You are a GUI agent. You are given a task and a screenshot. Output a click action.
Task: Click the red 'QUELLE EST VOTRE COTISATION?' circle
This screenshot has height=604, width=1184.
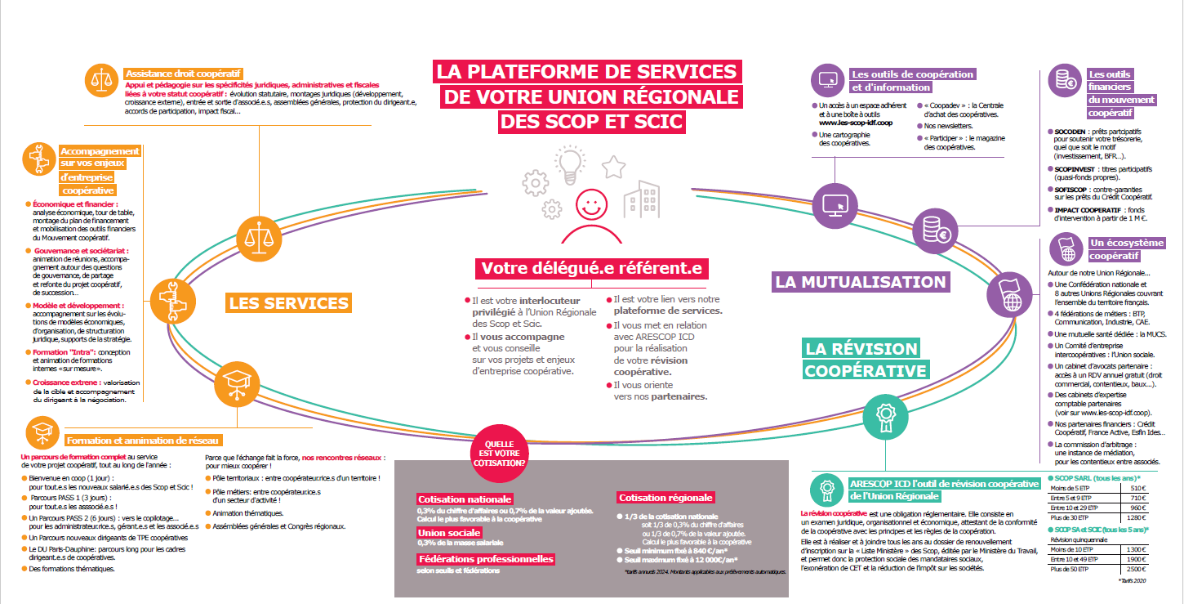[500, 452]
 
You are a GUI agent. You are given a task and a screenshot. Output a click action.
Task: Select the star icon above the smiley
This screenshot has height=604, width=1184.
[613, 168]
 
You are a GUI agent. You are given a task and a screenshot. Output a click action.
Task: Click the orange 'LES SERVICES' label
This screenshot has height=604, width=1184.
[288, 303]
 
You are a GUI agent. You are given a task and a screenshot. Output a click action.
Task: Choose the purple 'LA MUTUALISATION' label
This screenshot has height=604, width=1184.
[860, 282]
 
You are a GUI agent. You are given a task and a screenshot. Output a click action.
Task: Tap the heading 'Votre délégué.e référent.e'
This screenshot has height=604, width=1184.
[591, 268]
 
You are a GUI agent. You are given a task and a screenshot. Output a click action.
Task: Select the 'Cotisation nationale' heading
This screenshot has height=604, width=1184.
[465, 499]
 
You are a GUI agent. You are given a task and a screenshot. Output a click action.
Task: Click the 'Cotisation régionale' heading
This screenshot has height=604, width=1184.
[665, 497]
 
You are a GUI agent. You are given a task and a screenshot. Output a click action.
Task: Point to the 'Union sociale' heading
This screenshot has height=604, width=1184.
[448, 533]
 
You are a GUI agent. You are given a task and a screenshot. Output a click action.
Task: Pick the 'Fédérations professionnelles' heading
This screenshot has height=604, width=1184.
[485, 559]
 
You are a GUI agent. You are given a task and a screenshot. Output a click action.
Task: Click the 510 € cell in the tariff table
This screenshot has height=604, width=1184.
[1137, 489]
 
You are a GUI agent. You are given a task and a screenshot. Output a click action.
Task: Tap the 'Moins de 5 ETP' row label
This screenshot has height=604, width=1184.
[1071, 489]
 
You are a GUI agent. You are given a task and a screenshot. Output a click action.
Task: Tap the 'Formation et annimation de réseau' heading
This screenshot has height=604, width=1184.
[142, 440]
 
